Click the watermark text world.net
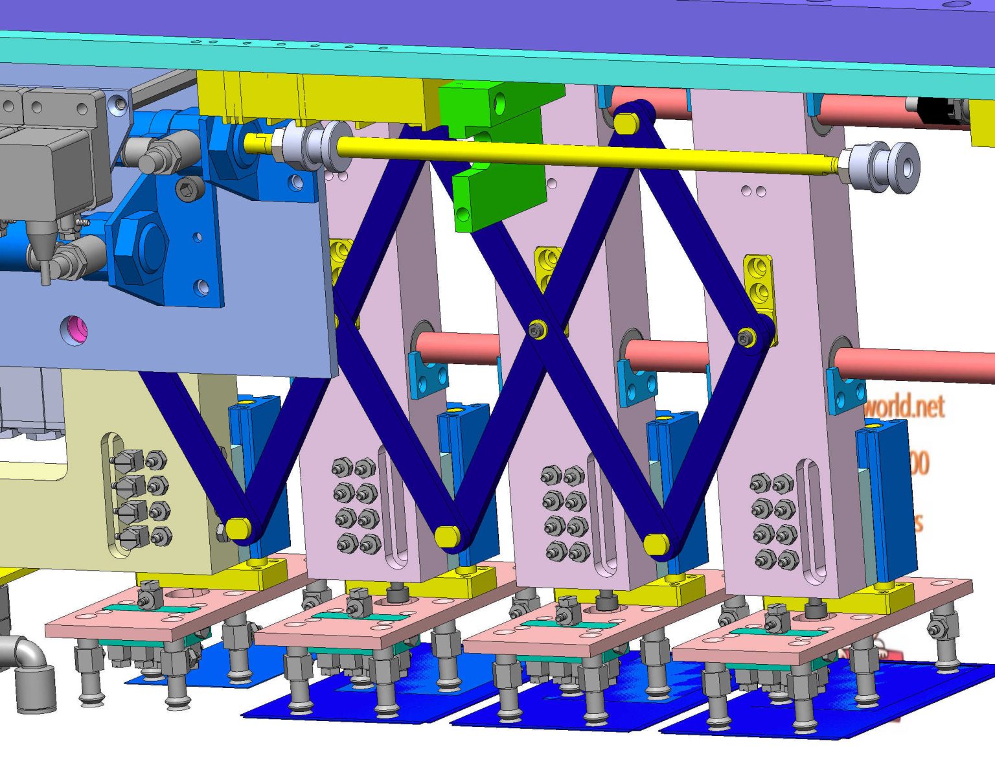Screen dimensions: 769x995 pyautogui.click(x=904, y=407)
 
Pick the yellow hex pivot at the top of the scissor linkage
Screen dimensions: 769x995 pyautogui.click(x=626, y=122)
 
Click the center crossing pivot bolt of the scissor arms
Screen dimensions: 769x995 pyautogui.click(x=537, y=330)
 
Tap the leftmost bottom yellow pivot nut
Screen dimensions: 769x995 pyautogui.click(x=239, y=528)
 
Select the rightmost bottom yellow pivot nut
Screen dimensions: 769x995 pyautogui.click(x=657, y=544)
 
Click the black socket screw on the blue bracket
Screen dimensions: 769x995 pyautogui.click(x=187, y=189)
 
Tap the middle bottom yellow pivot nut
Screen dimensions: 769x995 pyautogui.click(x=447, y=536)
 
